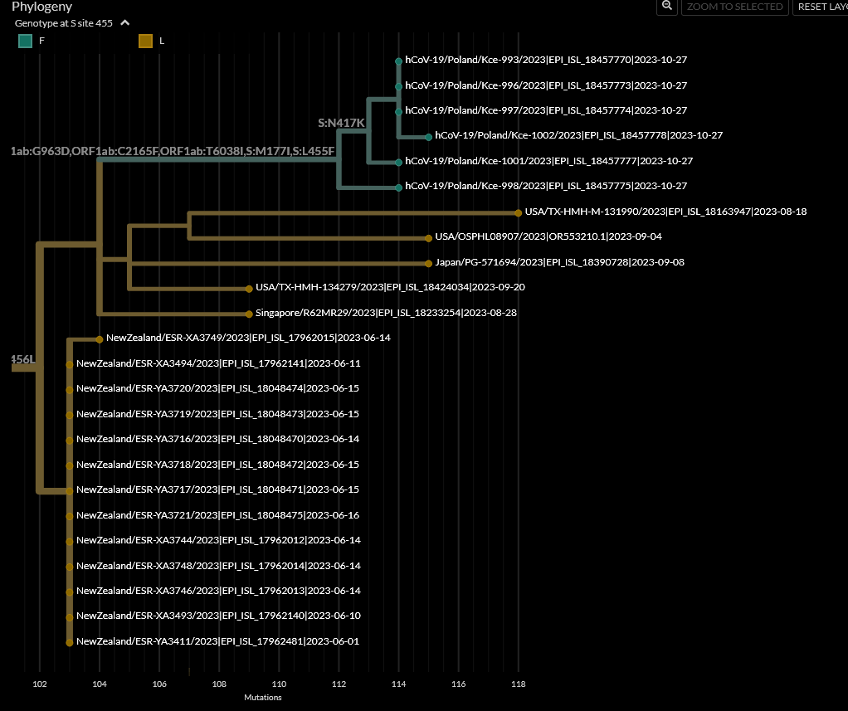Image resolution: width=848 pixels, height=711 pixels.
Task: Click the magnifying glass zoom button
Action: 666,6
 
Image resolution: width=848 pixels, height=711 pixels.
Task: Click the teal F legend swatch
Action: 26,41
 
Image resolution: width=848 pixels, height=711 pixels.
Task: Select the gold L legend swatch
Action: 145,41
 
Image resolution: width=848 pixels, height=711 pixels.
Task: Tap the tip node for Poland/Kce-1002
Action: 428,136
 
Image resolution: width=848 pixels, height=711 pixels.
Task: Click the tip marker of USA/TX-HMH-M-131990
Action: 519,212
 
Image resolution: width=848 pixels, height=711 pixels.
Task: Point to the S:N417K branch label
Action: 341,123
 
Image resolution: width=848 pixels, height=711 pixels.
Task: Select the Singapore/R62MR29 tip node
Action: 249,314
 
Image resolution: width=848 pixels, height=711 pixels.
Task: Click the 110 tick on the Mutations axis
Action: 279,684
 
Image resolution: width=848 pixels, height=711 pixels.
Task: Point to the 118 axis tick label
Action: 518,684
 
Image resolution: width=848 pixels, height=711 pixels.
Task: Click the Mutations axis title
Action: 262,698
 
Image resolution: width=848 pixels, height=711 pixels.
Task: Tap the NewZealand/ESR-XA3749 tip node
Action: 99,338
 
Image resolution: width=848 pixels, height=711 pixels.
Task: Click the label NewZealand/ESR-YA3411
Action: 217,641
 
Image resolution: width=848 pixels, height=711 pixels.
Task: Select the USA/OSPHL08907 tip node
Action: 428,237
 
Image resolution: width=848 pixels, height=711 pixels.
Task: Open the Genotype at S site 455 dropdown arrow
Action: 124,23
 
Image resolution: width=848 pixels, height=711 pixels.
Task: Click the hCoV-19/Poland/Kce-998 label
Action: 546,187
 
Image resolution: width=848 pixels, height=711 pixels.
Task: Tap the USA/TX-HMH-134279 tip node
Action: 249,288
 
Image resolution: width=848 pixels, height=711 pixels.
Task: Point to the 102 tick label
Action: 39,684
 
